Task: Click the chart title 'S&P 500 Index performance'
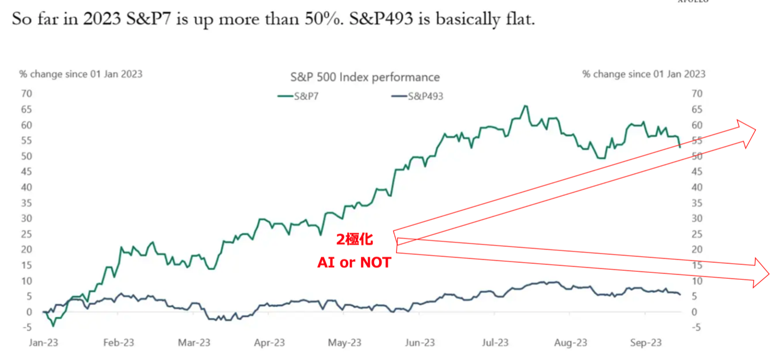click(x=365, y=77)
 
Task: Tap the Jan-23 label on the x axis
click(x=42, y=343)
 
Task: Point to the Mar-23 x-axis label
click(x=195, y=343)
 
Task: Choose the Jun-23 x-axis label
click(x=420, y=343)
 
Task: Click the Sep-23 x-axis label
click(x=645, y=343)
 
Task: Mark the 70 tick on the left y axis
click(x=26, y=94)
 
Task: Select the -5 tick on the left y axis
click(x=26, y=328)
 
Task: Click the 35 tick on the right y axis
click(x=697, y=203)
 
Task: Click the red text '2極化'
click(x=355, y=240)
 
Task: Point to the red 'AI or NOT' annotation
click(x=353, y=262)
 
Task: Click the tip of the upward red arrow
click(x=756, y=131)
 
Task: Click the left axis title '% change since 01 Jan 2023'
click(x=81, y=74)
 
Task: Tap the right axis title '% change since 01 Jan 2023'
click(x=644, y=74)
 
